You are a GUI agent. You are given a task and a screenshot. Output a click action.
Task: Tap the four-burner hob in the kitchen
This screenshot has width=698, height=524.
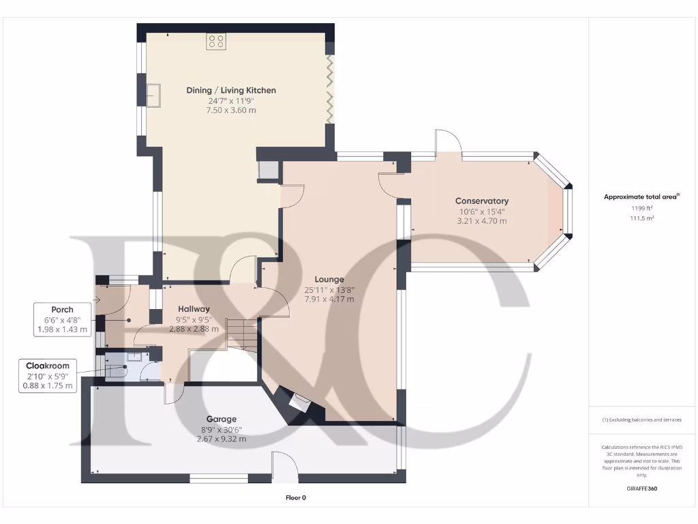[x=217, y=41]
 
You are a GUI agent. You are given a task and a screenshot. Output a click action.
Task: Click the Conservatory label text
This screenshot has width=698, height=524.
[x=481, y=201]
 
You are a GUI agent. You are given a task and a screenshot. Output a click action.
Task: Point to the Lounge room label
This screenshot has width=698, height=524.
[x=329, y=279]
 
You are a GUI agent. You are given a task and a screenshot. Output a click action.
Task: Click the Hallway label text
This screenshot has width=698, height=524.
[x=194, y=309]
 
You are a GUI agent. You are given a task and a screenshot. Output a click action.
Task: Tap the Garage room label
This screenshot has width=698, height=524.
[x=222, y=419]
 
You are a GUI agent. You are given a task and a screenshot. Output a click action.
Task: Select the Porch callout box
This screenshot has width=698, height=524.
[x=61, y=319]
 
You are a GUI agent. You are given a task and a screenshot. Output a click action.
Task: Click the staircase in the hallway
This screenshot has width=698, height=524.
[x=243, y=336]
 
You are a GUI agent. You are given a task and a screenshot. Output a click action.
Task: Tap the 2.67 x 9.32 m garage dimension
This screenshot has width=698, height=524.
[x=222, y=439]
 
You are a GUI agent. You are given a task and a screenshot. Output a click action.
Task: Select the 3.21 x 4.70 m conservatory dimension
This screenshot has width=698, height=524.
[x=481, y=221]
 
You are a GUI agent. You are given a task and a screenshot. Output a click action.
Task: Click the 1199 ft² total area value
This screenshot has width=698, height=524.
[x=641, y=207]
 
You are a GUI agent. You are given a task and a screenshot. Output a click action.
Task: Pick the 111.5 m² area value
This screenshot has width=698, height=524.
[x=641, y=218]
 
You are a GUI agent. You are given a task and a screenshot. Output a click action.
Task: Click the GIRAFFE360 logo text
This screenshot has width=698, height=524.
[x=641, y=489]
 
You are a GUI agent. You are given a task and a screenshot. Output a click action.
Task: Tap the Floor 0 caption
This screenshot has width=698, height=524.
[x=295, y=497]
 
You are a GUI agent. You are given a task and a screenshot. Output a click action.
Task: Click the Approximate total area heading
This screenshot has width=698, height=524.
[x=641, y=196]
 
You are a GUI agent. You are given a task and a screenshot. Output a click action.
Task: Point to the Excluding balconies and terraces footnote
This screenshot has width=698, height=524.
[x=641, y=420]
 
